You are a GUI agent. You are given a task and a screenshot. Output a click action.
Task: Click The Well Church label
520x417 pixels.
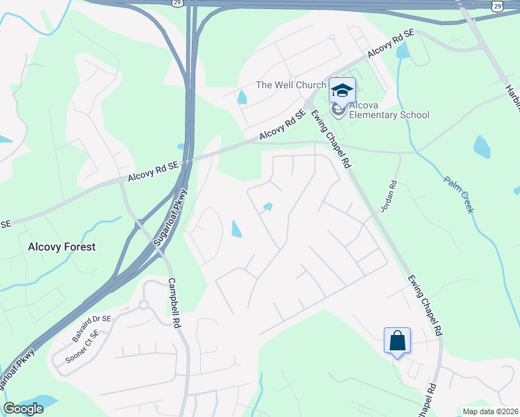(291, 85)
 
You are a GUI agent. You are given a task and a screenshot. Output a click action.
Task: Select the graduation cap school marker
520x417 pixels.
(342, 91)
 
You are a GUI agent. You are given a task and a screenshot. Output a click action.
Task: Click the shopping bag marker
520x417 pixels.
(397, 341)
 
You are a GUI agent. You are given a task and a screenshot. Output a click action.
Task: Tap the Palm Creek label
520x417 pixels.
(459, 193)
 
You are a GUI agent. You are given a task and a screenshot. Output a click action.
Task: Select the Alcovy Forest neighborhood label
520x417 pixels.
(61, 247)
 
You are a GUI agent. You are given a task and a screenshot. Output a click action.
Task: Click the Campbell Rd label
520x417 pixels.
(174, 304)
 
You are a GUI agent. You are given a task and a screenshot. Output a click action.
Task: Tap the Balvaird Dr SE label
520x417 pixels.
(91, 329)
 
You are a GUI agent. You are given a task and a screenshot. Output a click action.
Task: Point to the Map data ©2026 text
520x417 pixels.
(491, 411)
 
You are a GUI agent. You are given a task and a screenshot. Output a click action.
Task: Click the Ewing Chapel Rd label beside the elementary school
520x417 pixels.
(332, 138)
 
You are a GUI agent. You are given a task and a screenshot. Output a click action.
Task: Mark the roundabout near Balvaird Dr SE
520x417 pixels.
(144, 304)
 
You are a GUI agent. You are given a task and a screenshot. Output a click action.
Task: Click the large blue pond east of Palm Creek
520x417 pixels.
(482, 147)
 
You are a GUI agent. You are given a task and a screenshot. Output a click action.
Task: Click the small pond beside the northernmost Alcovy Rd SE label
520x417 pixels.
(402, 51)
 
